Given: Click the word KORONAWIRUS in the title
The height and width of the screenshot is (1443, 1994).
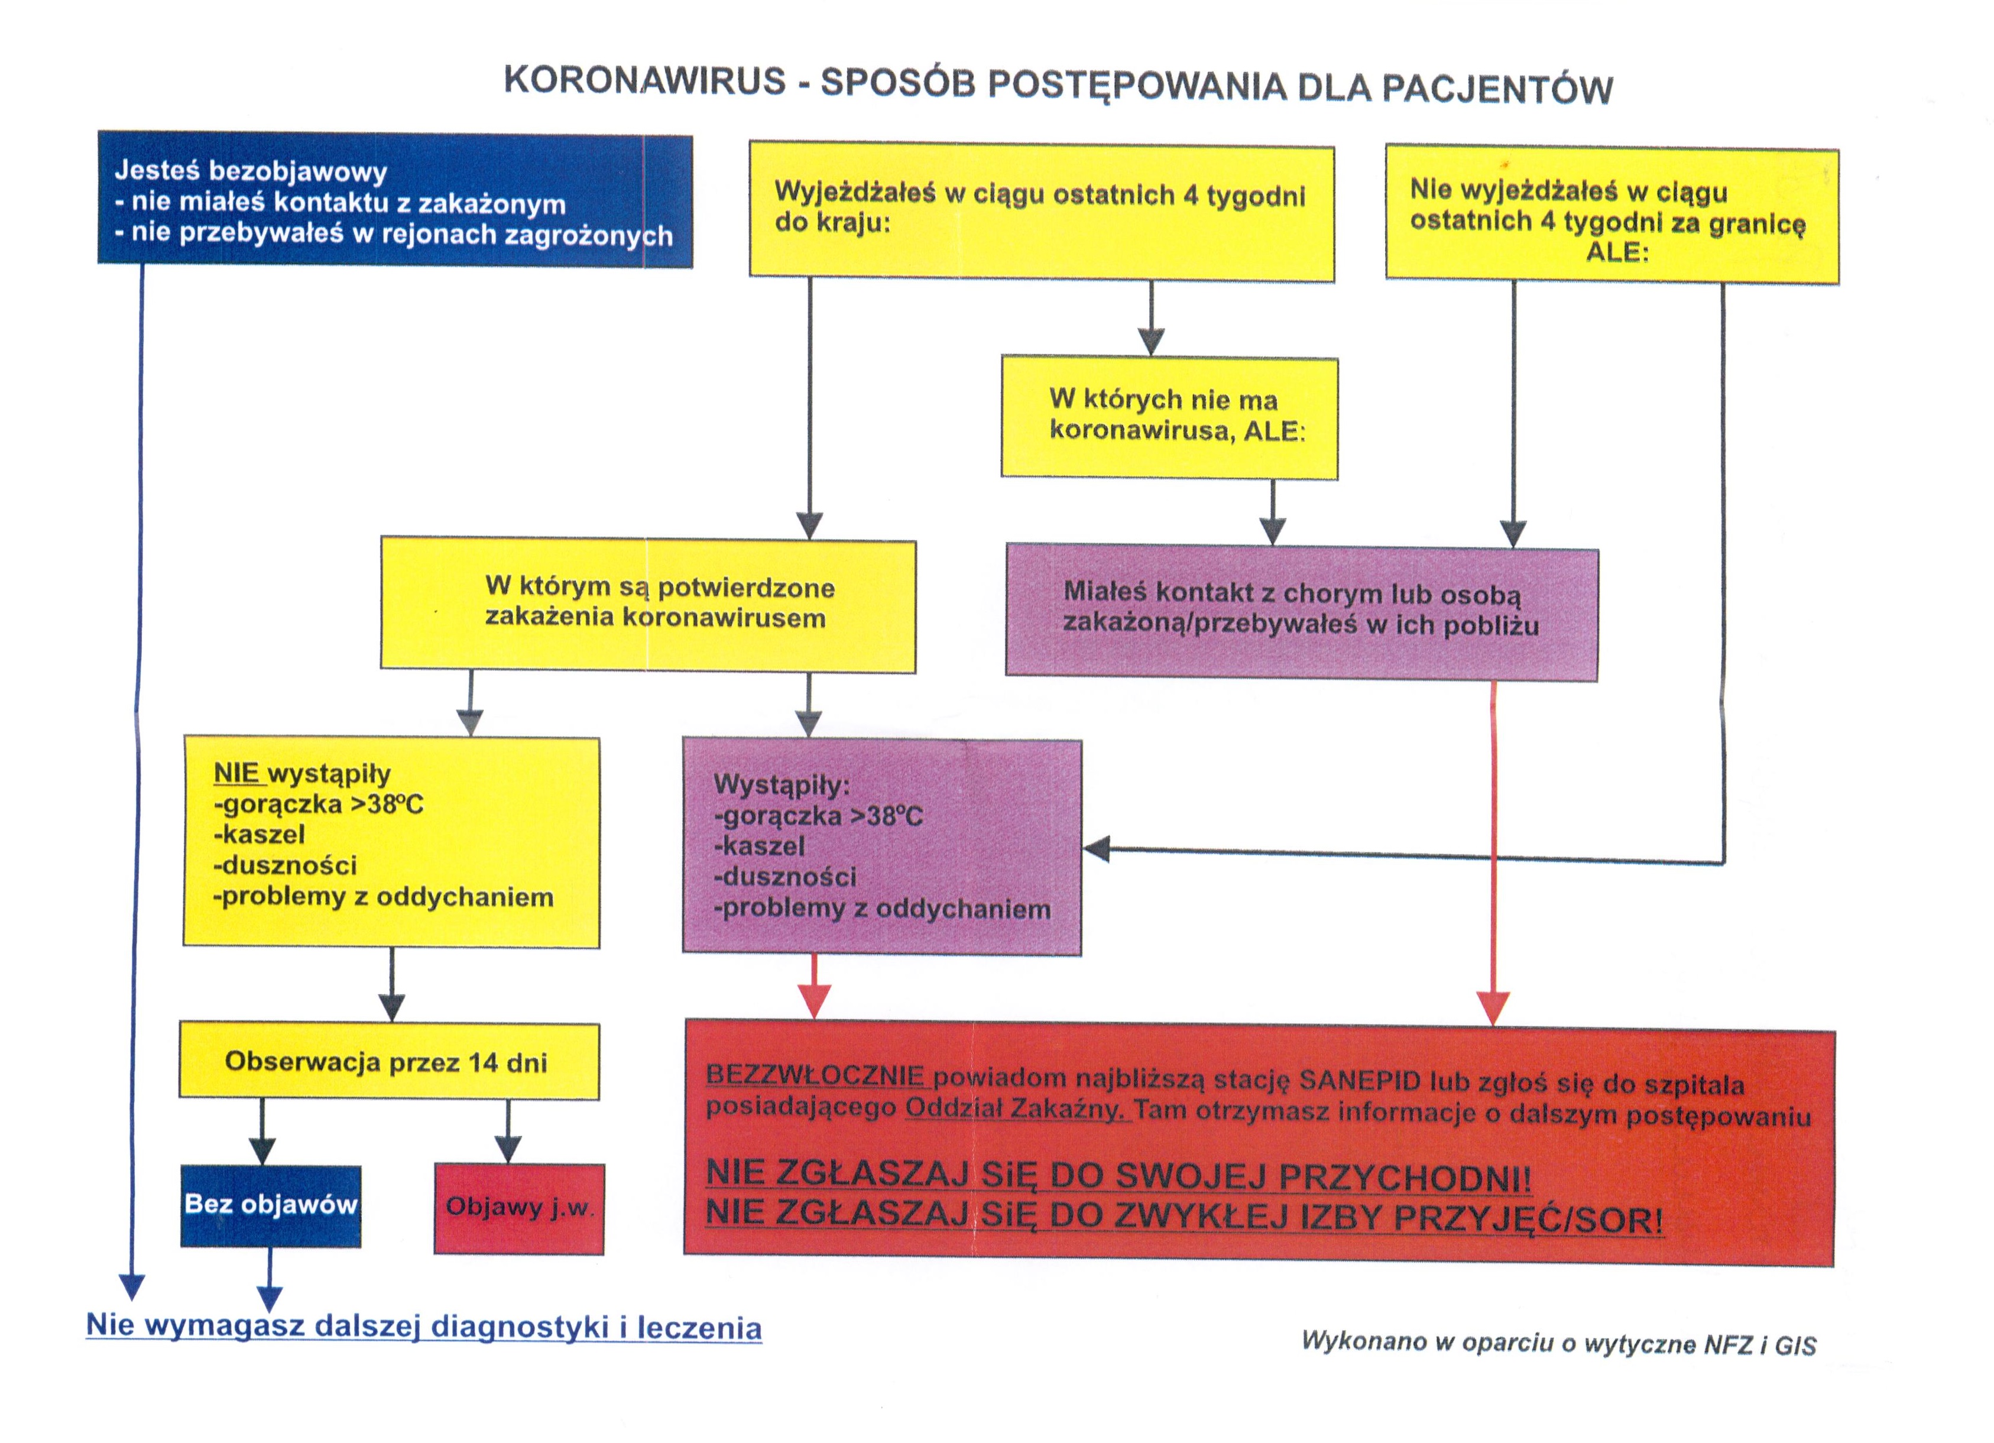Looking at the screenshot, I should (x=644, y=81).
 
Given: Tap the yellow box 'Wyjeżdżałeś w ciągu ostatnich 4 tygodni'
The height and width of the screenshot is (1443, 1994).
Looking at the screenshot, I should (x=1041, y=212).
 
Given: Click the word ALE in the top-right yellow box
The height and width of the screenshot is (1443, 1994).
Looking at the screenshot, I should (x=1617, y=253).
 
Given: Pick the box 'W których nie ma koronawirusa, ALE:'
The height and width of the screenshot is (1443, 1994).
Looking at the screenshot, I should (x=1169, y=417).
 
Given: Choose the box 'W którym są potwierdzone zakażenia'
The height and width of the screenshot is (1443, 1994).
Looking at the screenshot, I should (x=648, y=605).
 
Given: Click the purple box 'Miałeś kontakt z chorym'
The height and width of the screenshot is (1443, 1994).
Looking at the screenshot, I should (x=1301, y=613).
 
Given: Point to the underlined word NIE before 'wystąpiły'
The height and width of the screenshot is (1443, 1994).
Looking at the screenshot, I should (x=236, y=773).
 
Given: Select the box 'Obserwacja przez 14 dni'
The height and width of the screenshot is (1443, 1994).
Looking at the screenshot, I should (x=388, y=1061).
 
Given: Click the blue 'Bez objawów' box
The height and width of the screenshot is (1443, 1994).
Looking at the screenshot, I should (x=271, y=1205).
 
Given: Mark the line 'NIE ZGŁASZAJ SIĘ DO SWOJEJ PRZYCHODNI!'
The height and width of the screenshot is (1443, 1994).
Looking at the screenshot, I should (x=1118, y=1176).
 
